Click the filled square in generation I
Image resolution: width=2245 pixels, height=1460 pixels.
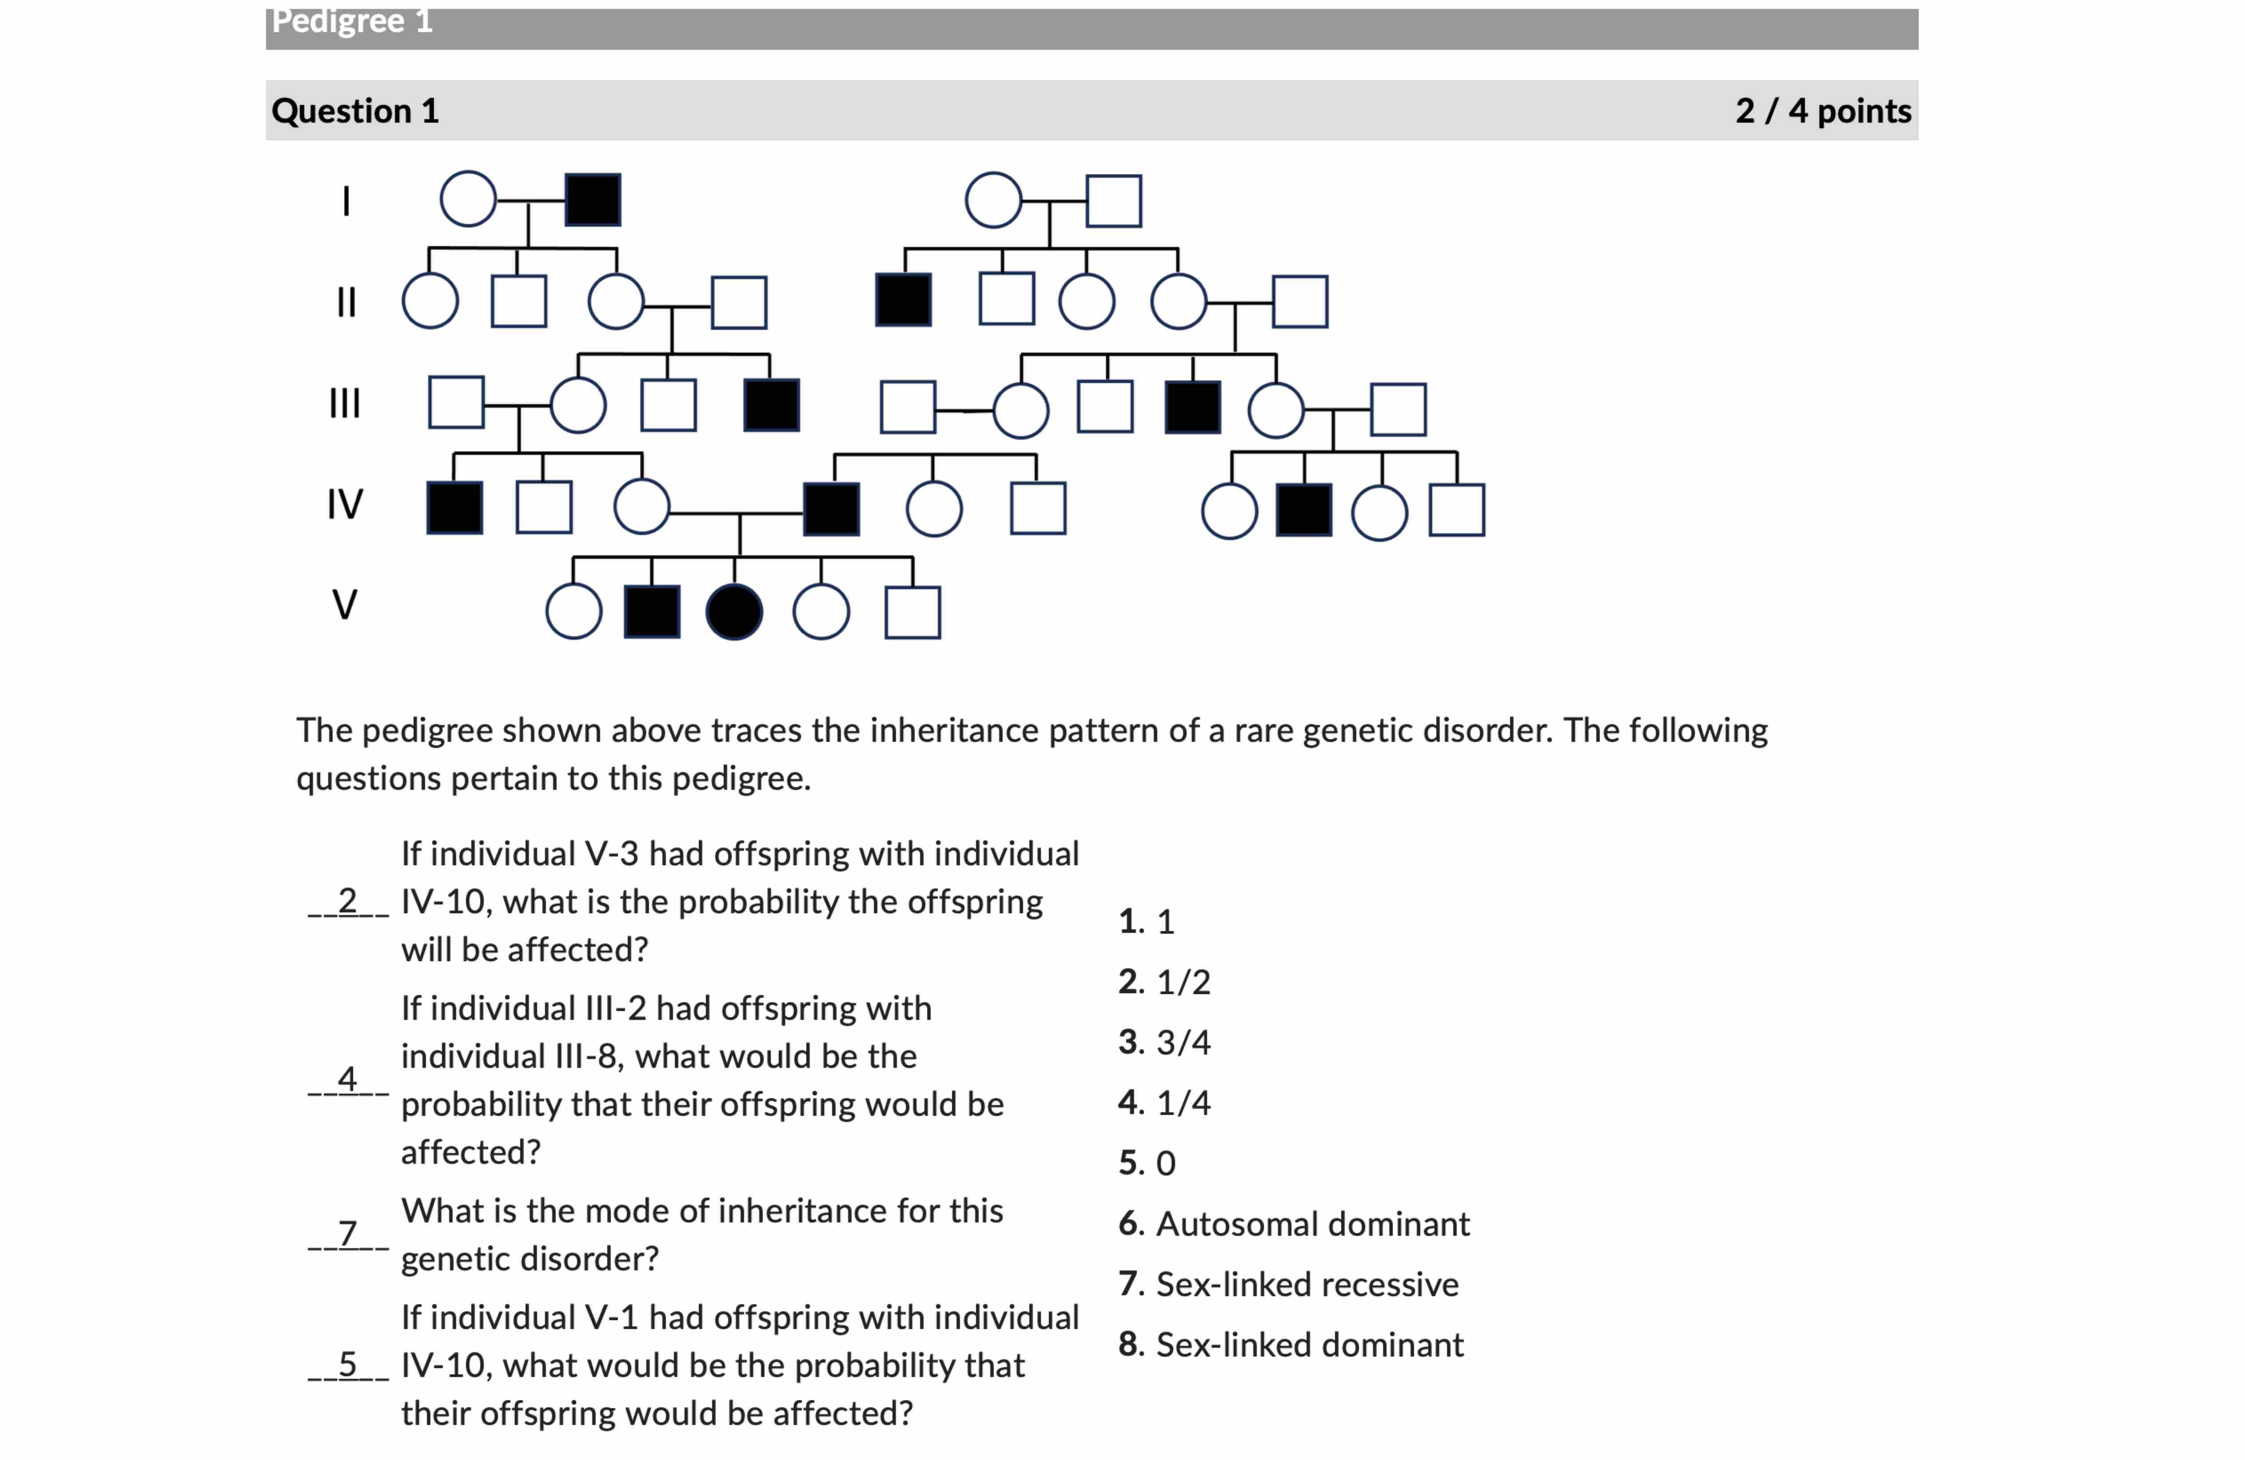coord(592,200)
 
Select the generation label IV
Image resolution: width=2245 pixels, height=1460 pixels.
coord(344,504)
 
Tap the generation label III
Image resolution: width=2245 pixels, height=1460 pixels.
coord(344,404)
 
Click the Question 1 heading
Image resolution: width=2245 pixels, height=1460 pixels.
coord(355,111)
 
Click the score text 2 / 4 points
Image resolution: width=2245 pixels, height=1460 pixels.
coord(1822,111)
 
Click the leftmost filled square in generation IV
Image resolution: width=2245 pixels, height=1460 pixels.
coord(455,509)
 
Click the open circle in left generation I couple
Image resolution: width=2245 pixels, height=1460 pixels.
coord(468,199)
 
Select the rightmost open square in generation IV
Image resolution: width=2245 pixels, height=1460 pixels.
coord(1456,510)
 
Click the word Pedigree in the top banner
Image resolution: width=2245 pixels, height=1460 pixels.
coord(338,21)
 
